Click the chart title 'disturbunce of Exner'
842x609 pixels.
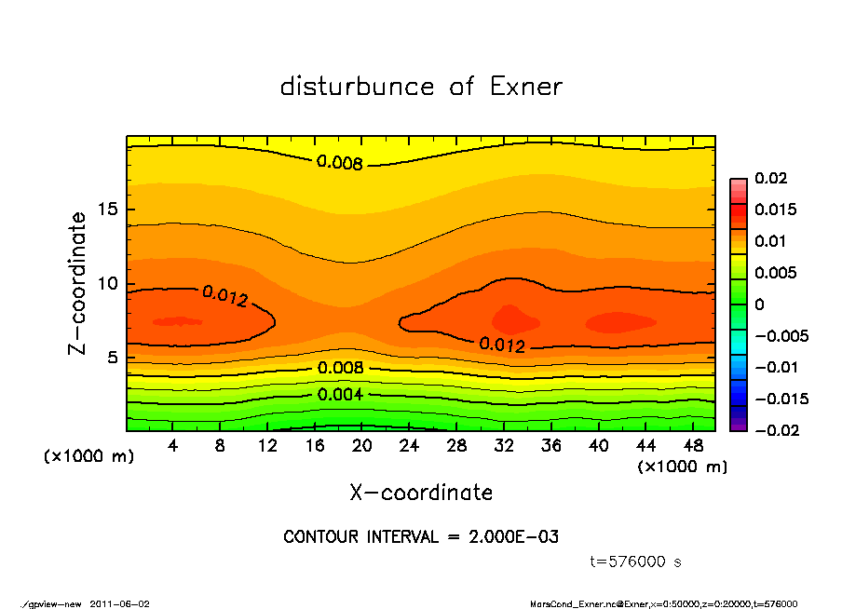421,87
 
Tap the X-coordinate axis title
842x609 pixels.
421,492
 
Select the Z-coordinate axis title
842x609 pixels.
78,283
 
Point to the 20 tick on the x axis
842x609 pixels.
362,446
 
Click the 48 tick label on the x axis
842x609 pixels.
694,446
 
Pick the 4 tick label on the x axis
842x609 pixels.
173,446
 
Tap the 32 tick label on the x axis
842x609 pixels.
504,446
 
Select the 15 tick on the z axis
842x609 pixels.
107,210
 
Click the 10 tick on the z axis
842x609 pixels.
107,284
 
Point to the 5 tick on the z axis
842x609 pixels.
112,358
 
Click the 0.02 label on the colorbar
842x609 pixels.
770,178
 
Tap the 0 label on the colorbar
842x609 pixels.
759,304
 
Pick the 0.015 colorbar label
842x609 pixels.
775,210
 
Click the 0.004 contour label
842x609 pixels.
340,394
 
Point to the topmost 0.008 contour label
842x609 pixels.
340,162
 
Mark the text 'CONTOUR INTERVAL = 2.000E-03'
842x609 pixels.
421,537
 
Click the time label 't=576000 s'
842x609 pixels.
636,562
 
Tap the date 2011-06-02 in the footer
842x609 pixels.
119,603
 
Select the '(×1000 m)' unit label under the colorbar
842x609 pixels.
683,467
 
